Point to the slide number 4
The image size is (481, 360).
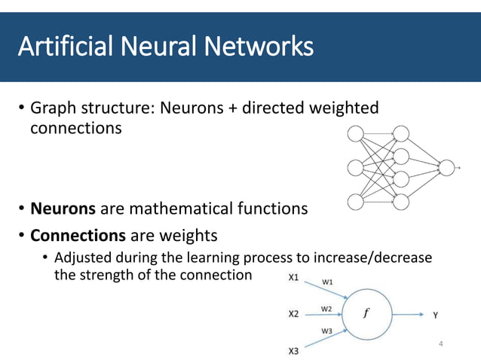coord(441,343)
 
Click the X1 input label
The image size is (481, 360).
coord(295,276)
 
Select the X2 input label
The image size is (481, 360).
coord(295,314)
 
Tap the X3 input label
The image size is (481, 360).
coord(295,351)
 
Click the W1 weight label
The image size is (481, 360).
coord(327,282)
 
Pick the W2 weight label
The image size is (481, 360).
coord(326,308)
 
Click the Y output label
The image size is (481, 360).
coord(435,315)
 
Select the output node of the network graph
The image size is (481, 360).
coord(446,167)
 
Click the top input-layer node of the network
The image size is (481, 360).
coord(355,133)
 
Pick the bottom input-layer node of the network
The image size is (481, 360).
coord(355,201)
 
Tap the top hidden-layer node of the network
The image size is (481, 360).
coord(401,133)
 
